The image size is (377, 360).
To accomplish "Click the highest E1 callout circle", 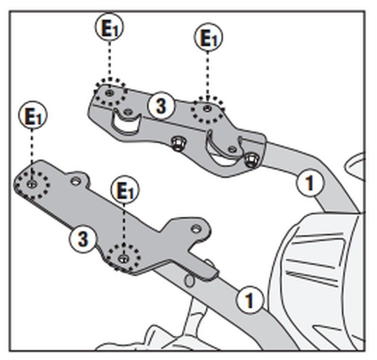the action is tap(109, 27).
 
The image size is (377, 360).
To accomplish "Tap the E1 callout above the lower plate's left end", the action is tap(33, 115).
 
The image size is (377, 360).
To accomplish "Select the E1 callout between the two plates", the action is tap(125, 190).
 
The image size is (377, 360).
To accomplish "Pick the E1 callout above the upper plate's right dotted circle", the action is tap(208, 37).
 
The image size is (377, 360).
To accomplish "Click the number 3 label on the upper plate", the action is tap(161, 106).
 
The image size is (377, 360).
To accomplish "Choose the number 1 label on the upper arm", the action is tap(310, 183).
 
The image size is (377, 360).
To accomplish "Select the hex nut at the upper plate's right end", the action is tap(251, 159).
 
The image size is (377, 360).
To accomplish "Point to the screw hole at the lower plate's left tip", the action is tap(32, 183).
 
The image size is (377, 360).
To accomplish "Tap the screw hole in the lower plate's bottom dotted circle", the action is tap(123, 258).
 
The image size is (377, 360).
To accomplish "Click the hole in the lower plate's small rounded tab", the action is tap(75, 181).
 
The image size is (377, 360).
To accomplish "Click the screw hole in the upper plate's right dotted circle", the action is tap(206, 108).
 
